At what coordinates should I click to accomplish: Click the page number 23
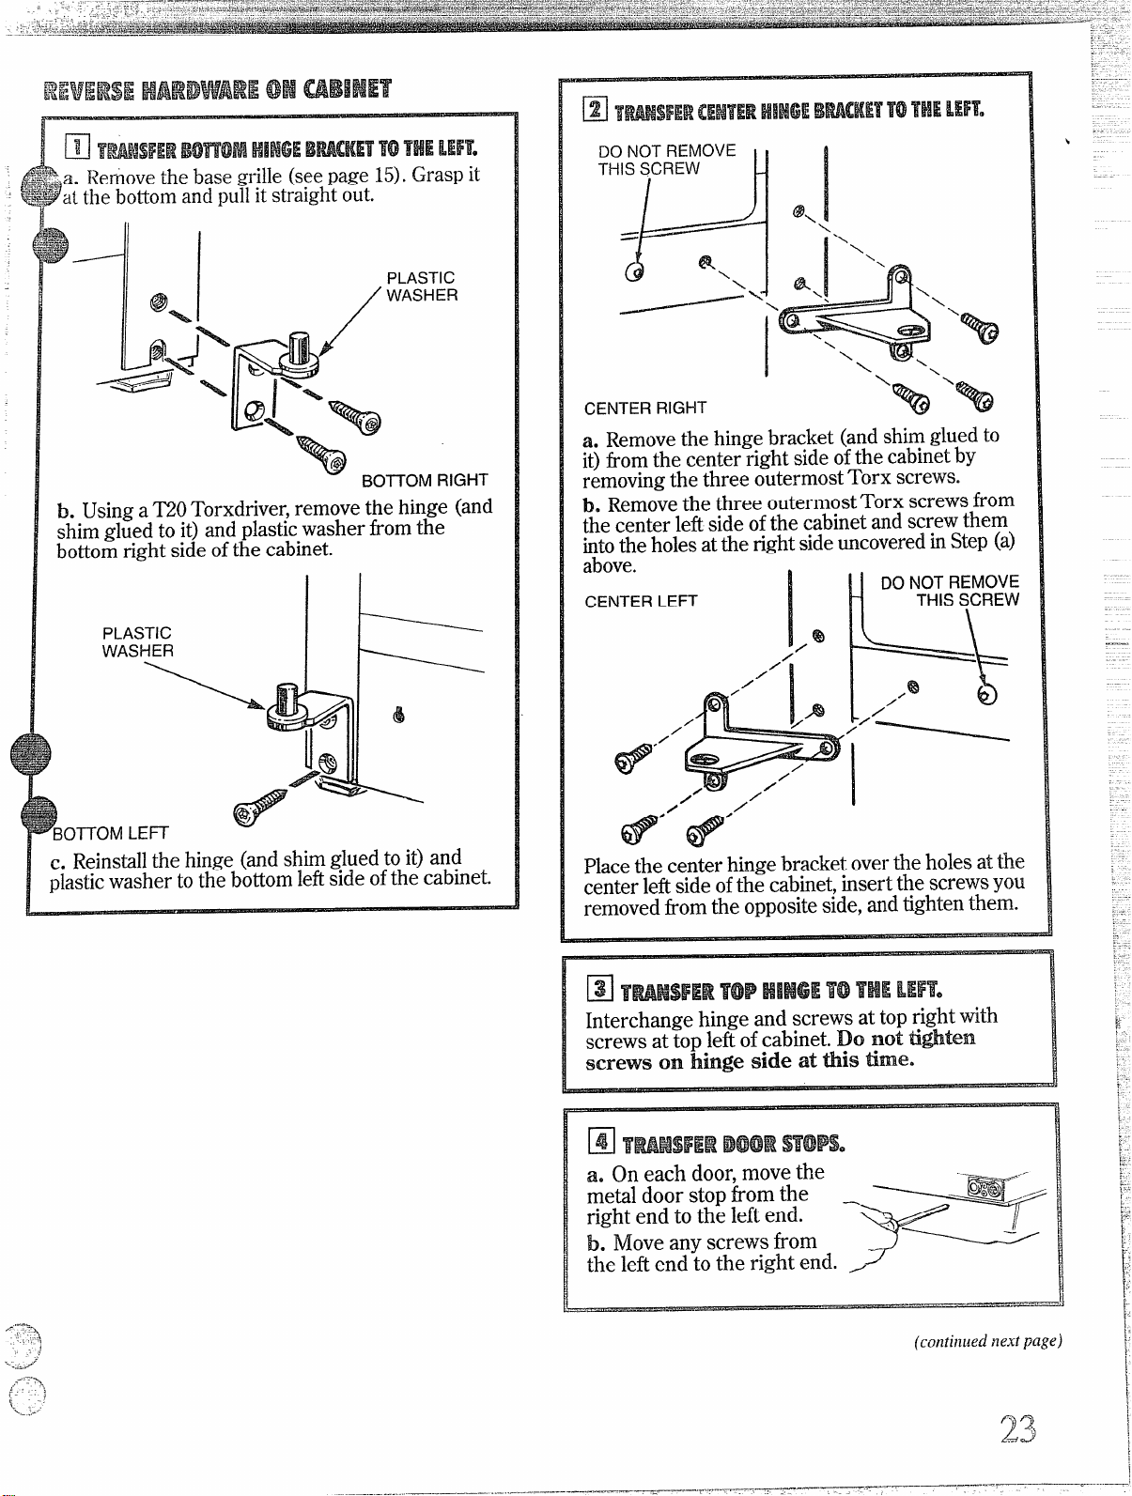(1017, 1428)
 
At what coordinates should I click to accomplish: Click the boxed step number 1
(77, 146)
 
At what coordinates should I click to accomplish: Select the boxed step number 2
(596, 108)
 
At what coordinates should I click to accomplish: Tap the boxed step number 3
(600, 988)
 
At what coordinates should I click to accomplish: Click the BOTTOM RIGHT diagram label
(425, 481)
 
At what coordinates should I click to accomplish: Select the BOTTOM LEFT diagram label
(111, 833)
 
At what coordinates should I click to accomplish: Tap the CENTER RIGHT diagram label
(644, 408)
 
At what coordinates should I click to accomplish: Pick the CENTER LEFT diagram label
(641, 600)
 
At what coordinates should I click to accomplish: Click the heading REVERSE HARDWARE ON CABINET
(217, 89)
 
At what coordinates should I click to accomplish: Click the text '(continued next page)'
(987, 1341)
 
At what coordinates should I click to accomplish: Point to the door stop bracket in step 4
(986, 1188)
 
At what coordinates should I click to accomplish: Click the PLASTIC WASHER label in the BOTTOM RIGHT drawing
(422, 286)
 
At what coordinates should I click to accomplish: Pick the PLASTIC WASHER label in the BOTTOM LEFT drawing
(138, 642)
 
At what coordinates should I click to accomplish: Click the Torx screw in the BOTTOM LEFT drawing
(259, 808)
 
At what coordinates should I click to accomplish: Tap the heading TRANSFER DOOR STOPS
(734, 1144)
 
